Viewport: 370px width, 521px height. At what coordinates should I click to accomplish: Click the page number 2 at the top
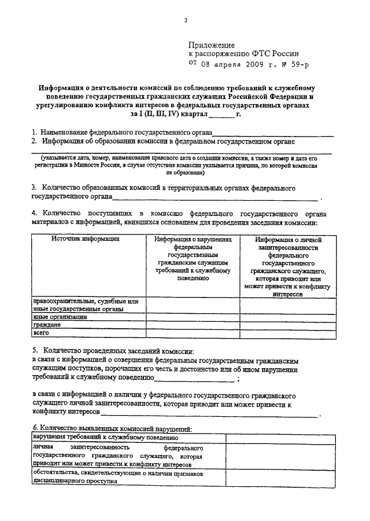click(186, 21)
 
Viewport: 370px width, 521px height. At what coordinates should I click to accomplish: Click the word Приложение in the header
click(212, 45)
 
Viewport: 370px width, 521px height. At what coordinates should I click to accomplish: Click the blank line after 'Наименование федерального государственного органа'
click(272, 134)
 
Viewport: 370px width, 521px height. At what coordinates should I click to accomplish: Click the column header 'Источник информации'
click(77, 239)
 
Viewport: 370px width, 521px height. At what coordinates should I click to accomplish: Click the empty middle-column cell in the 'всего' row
click(193, 333)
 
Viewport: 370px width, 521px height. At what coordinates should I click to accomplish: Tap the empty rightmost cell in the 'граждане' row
click(288, 325)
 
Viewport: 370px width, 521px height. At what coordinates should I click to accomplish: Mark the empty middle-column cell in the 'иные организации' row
click(193, 317)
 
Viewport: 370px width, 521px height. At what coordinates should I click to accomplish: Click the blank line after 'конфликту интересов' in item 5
click(208, 415)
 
